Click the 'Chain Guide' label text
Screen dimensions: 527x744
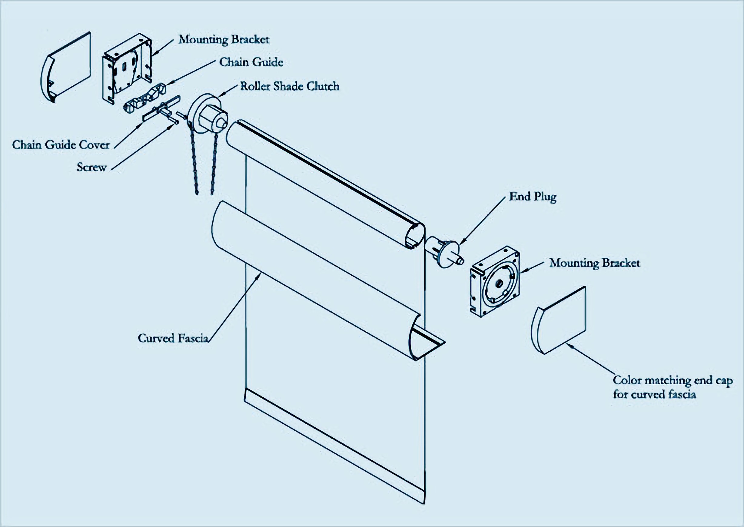[x=251, y=62]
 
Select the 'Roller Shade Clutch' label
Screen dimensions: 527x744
[x=290, y=86]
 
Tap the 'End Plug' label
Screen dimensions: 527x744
[x=533, y=196]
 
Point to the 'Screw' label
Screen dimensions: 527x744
[x=91, y=167]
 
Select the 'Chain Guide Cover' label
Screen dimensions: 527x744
[x=61, y=145]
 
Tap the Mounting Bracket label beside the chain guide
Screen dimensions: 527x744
[x=224, y=40]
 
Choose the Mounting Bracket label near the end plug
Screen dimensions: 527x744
[x=594, y=263]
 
